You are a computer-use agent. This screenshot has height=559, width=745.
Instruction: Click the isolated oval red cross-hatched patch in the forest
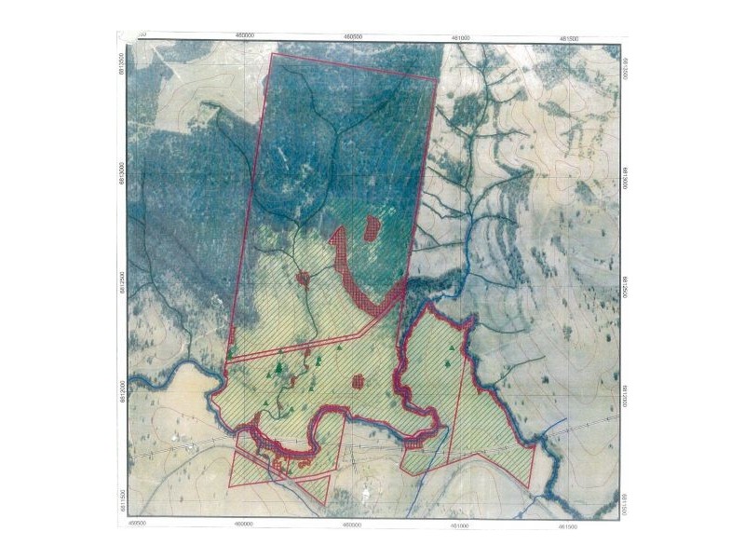pyautogui.click(x=372, y=227)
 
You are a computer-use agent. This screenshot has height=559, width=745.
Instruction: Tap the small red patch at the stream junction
pyautogui.click(x=303, y=278)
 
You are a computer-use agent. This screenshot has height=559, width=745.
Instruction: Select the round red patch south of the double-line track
pyautogui.click(x=358, y=381)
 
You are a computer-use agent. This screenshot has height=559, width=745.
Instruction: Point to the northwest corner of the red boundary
pyautogui.click(x=271, y=54)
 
